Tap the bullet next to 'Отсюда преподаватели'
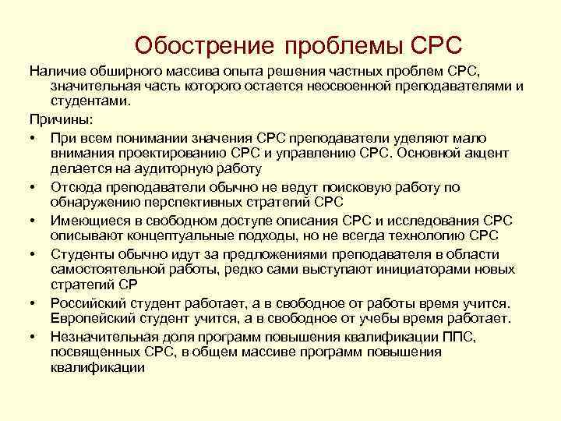(x=35, y=187)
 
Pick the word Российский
(x=89, y=302)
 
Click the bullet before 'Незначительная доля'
(x=35, y=336)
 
